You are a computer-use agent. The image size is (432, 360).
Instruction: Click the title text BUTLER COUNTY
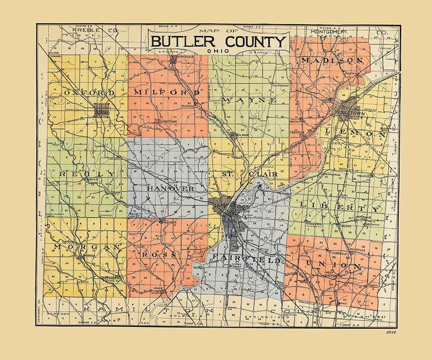[218, 41]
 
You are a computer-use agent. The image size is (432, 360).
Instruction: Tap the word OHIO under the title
[217, 51]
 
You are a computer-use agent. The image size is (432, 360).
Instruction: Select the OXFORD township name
[90, 93]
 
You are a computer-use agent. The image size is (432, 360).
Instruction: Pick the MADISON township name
[332, 60]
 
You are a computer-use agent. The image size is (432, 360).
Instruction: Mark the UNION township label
[333, 265]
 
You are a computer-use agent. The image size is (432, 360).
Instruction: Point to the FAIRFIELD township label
[247, 260]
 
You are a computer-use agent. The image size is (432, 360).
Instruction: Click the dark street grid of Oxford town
[102, 110]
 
